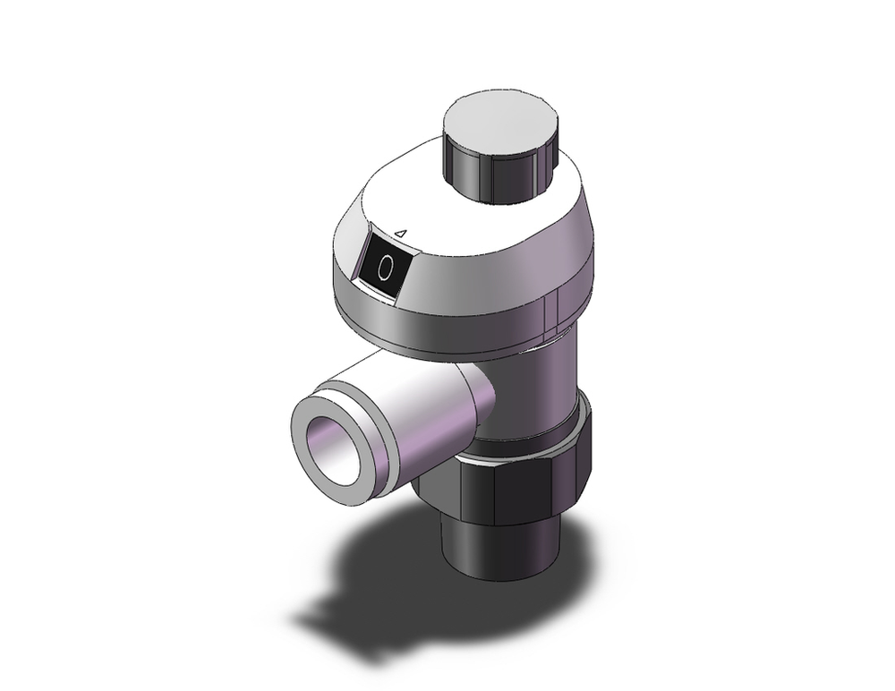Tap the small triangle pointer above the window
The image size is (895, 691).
[x=402, y=234]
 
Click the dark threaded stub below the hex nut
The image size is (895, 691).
[x=497, y=550]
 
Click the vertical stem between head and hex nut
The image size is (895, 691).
[x=537, y=385]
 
